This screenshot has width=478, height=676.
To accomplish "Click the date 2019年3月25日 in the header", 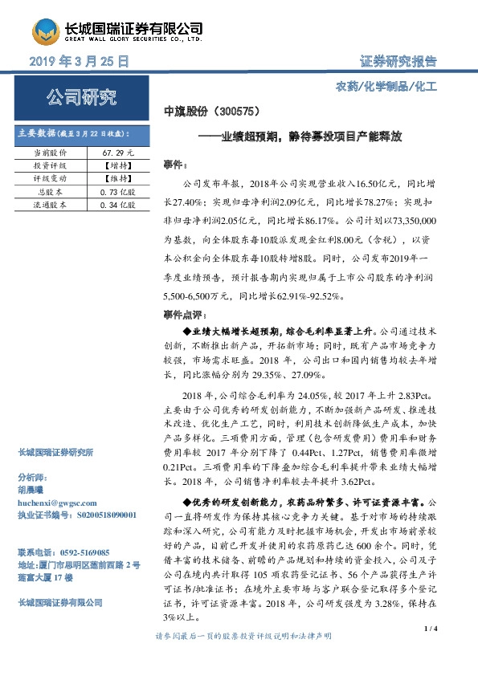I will coord(79,62).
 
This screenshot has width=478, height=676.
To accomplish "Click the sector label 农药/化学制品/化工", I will coord(386,85).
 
